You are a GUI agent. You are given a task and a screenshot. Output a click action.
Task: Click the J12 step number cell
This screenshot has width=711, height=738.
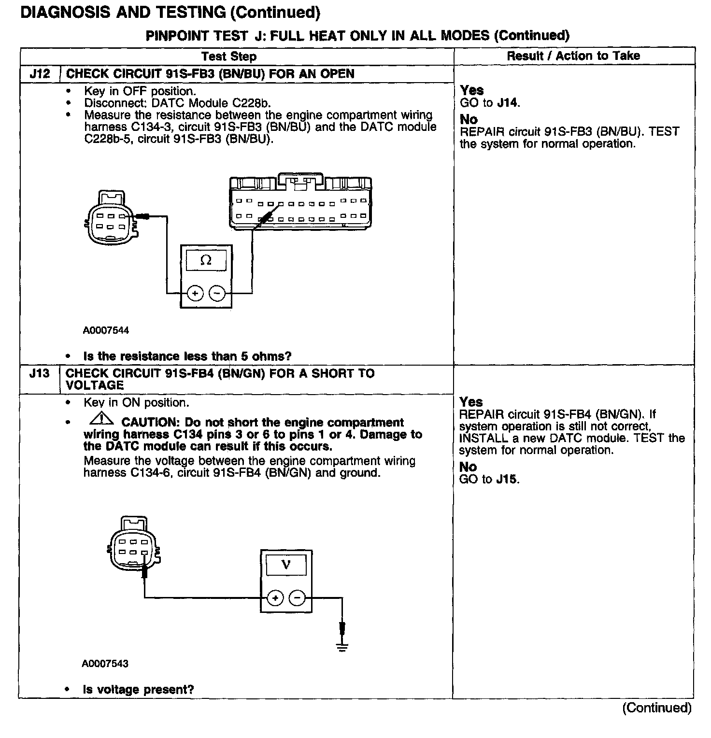pyautogui.click(x=40, y=74)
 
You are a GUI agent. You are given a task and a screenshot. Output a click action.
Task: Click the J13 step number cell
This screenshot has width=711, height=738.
pyautogui.click(x=39, y=374)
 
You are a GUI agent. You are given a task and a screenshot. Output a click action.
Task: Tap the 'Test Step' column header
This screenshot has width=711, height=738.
pyautogui.click(x=229, y=57)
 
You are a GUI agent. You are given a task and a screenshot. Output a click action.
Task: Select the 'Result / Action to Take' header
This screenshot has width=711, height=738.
pyautogui.click(x=573, y=56)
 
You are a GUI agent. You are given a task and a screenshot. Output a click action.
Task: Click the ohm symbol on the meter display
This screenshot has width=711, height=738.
pyautogui.click(x=206, y=260)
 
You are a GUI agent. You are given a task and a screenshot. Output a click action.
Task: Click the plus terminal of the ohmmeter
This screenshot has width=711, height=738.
pyautogui.click(x=195, y=293)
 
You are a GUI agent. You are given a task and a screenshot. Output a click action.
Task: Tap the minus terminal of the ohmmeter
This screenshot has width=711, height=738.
pyautogui.click(x=217, y=293)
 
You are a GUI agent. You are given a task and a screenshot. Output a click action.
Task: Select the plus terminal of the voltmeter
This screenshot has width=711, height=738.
pyautogui.click(x=275, y=598)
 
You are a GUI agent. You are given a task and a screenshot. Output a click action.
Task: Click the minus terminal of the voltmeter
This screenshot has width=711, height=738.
pyautogui.click(x=297, y=598)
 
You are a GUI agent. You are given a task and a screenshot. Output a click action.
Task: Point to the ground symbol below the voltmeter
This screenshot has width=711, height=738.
pyautogui.click(x=342, y=647)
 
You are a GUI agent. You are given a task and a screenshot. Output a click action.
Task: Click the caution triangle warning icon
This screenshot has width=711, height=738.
pyautogui.click(x=101, y=420)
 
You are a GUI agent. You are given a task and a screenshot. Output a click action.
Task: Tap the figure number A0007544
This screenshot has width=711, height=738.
pyautogui.click(x=106, y=331)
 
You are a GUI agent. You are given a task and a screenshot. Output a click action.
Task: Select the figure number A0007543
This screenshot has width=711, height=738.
pyautogui.click(x=105, y=664)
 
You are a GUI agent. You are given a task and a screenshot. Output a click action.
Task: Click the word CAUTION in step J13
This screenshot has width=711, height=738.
pyautogui.click(x=150, y=423)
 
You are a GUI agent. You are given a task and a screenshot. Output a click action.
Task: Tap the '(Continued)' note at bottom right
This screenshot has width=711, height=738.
pyautogui.click(x=656, y=708)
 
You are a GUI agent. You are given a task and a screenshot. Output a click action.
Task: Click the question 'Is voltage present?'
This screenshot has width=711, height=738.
pyautogui.click(x=139, y=690)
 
